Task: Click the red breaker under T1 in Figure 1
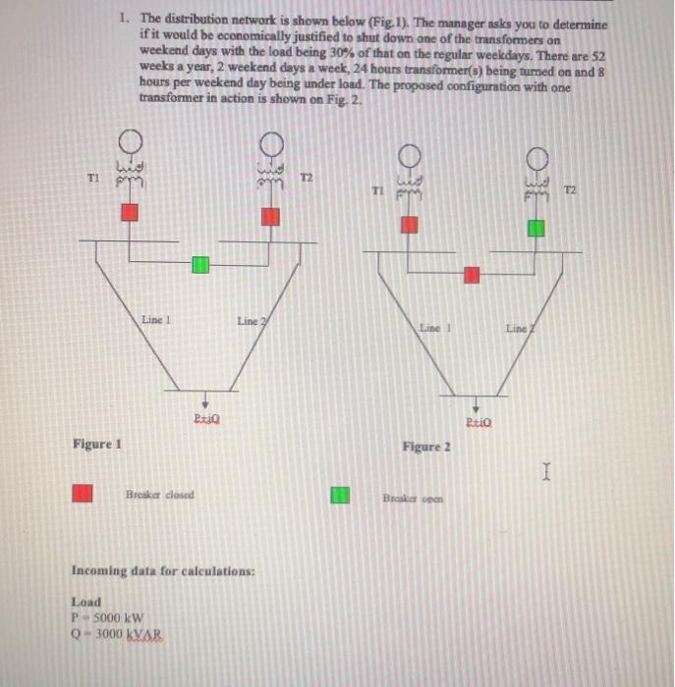tap(130, 212)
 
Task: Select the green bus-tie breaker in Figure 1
tap(200, 264)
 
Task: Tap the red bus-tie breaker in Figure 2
tap(473, 275)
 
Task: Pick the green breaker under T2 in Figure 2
tap(535, 228)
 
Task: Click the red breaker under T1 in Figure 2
tap(410, 225)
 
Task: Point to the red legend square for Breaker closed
tap(83, 494)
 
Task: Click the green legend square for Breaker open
tap(340, 496)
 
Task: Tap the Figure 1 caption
tap(96, 444)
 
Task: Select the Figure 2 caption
tap(426, 447)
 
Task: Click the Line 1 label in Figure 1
tap(156, 319)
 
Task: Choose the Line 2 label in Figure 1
tap(250, 321)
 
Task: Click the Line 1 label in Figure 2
tap(434, 326)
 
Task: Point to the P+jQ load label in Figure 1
tap(204, 420)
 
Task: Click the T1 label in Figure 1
tap(93, 179)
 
